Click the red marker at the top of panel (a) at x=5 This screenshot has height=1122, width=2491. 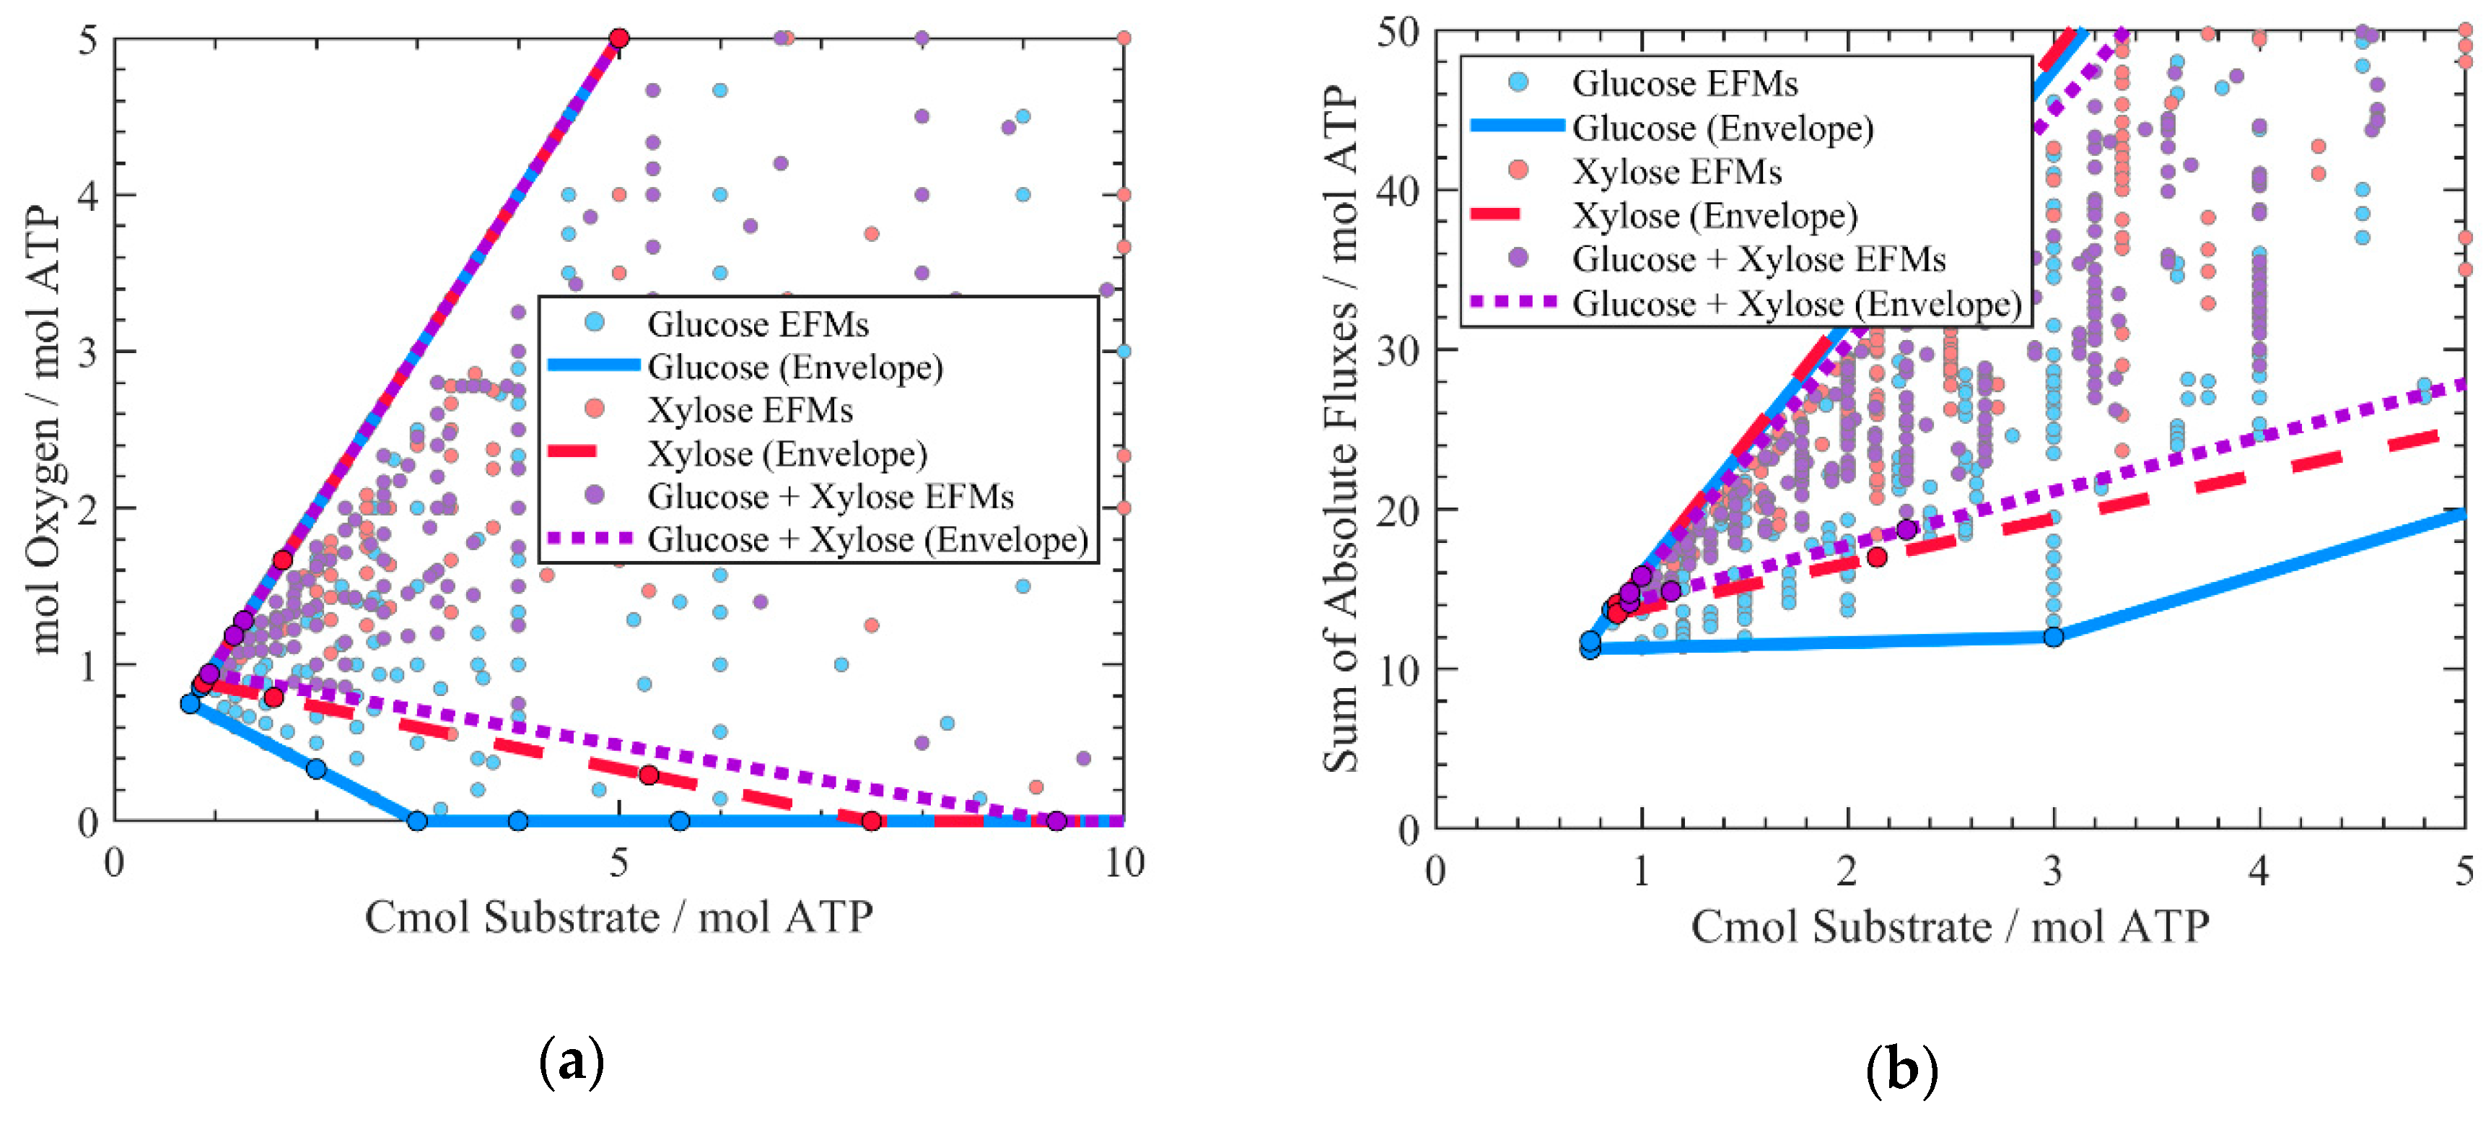[619, 39]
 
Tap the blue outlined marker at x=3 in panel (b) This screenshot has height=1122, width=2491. [2053, 636]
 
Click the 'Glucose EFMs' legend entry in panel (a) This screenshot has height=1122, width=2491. [757, 324]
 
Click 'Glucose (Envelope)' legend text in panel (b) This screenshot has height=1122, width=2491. [1722, 128]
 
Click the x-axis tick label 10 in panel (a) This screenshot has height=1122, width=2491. [1124, 862]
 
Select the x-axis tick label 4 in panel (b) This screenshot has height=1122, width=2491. [2258, 871]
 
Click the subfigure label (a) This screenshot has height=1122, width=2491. [572, 1061]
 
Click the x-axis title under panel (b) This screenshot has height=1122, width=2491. [1950, 926]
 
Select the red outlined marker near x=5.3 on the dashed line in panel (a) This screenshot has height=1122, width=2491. [649, 775]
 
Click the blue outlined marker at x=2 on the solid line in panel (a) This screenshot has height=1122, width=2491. [316, 769]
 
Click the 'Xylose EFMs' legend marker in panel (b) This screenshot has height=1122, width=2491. [1518, 170]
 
